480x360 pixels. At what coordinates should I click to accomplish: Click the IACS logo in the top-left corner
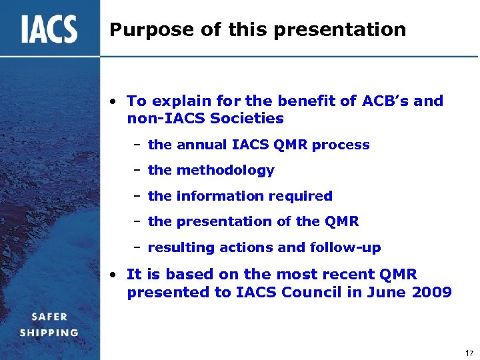click(49, 29)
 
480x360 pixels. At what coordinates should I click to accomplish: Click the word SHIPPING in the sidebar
click(49, 332)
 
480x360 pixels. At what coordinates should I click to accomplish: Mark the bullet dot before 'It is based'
click(115, 275)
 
